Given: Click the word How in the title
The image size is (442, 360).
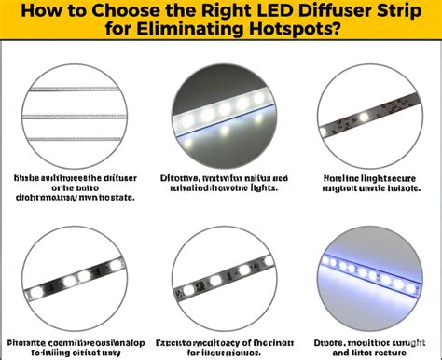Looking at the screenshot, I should (x=35, y=11).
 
